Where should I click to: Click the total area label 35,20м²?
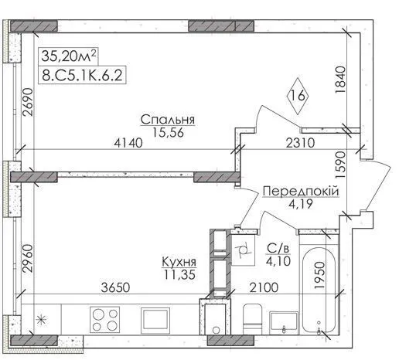69,56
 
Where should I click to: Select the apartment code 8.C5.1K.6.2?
82,75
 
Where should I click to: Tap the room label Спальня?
168,120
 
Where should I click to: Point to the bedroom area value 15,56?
168,133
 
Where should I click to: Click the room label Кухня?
179,262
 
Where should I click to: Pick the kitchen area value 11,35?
179,275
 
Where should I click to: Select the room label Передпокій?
301,192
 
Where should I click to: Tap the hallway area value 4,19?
301,204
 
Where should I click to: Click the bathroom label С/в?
278,249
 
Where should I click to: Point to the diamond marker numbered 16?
298,96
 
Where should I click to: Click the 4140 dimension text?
128,143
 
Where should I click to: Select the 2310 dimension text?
300,143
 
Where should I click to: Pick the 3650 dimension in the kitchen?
115,287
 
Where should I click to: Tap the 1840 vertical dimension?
340,80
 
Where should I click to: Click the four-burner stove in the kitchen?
104,320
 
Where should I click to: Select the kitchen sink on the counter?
155,321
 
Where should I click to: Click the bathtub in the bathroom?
319,290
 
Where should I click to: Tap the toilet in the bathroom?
252,319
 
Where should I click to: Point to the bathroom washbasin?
284,323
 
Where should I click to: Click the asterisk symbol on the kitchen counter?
41,320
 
